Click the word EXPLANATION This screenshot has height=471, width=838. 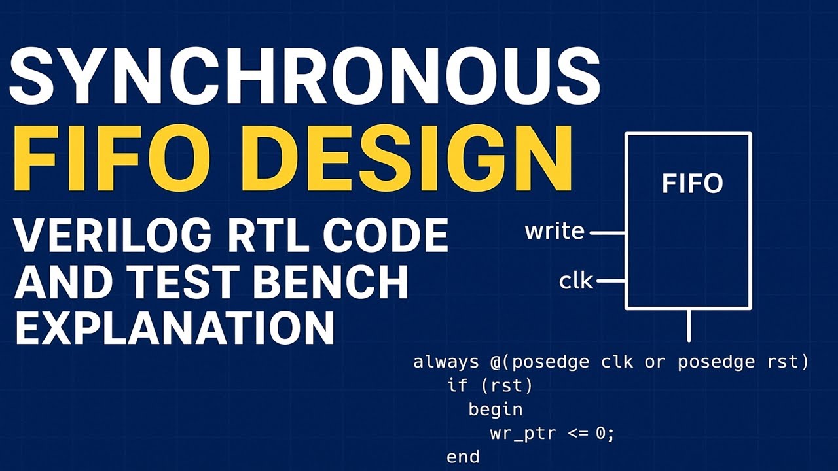pos(174,327)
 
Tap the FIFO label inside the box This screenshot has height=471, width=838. pos(692,184)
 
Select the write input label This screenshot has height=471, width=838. pos(555,232)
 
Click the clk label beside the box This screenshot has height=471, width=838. pos(576,281)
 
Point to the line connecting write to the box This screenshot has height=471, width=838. pos(608,232)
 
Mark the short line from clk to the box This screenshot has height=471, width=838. pos(611,281)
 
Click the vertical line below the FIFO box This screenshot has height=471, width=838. pos(689,326)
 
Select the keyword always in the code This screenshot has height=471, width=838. pos(446,362)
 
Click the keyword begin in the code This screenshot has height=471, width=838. pos(495,410)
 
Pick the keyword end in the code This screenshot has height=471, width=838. pos(463,457)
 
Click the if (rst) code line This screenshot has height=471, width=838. pos(490,386)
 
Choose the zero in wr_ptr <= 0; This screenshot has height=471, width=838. pos(602,433)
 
